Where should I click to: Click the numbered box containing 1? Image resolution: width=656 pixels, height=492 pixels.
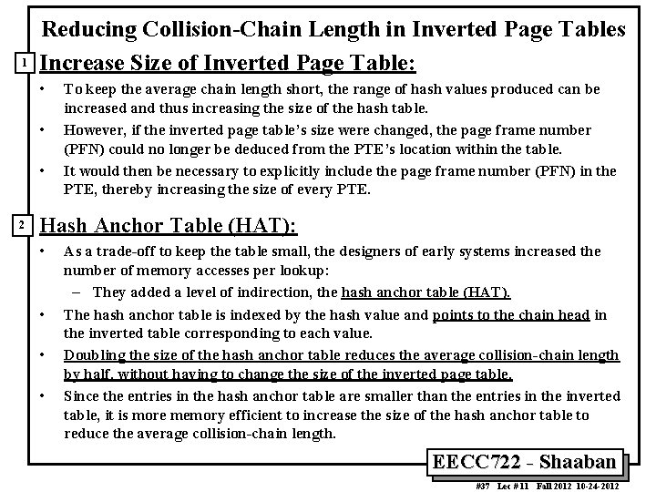pos(28,64)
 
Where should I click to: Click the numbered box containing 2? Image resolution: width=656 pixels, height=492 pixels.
pos(28,225)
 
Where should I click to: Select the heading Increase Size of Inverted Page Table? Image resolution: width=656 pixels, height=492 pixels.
pos(228,65)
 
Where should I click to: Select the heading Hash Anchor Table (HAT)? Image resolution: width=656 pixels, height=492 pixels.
pos(170,226)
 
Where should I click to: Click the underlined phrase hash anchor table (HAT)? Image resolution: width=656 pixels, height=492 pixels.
pos(425,292)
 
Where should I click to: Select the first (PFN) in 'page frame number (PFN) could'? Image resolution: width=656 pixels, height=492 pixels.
pos(83,148)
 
